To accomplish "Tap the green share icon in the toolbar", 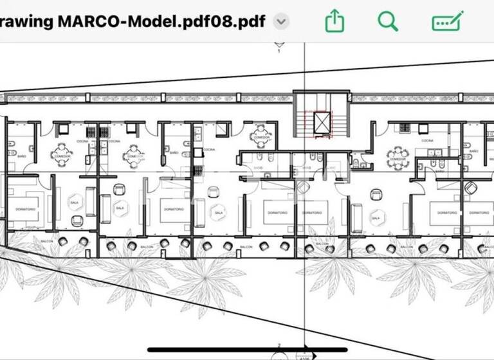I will (x=334, y=22).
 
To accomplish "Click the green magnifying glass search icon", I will (x=388, y=22).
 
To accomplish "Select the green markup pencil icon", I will (x=448, y=22).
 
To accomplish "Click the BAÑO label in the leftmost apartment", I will (x=22, y=156).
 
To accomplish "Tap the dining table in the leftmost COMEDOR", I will (x=62, y=155).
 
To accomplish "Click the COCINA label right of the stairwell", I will (x=428, y=140).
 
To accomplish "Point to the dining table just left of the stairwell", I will (x=261, y=137).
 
